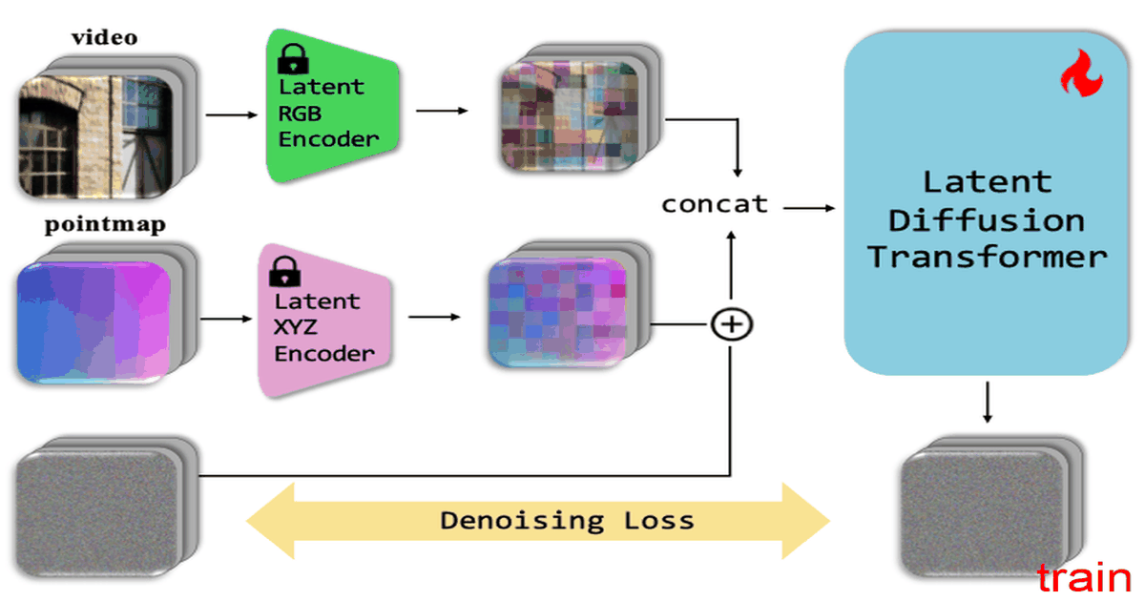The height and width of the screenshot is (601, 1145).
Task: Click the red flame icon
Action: (1081, 73)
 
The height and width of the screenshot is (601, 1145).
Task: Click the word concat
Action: (715, 204)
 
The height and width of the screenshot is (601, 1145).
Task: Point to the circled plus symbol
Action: (732, 324)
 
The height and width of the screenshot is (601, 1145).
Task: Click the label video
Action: (105, 37)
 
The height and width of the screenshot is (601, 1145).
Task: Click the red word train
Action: (1084, 578)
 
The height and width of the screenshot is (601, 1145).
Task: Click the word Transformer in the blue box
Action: (988, 258)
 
